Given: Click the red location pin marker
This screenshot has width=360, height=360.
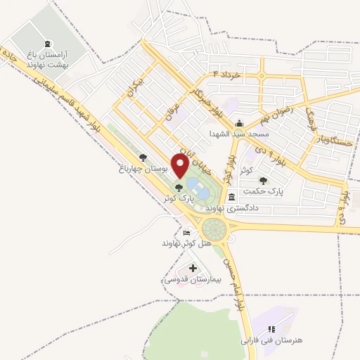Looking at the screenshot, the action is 180,166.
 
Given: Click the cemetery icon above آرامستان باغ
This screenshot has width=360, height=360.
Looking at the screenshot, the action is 48,44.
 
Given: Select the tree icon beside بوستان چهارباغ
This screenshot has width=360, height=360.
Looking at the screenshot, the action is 143,158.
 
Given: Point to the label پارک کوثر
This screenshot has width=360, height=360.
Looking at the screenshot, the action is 178,198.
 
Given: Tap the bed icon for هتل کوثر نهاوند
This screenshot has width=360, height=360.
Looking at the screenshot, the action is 186,233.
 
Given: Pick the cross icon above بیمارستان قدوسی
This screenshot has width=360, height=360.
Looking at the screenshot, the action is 193,268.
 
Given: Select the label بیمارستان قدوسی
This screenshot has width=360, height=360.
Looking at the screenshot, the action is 193,279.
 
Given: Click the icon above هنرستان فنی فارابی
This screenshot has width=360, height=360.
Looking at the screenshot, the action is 271,328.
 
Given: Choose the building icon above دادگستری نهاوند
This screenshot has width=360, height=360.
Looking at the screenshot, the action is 231,197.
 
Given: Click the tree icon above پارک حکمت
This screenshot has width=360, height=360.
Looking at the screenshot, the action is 263,181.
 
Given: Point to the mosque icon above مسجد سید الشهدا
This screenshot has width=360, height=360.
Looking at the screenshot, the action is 238,122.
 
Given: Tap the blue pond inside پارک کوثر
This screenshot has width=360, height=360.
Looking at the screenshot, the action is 198,188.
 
